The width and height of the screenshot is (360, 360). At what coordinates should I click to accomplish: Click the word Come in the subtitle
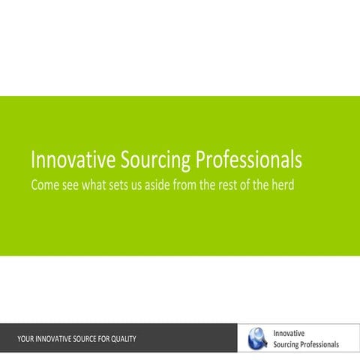tap(46, 184)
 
